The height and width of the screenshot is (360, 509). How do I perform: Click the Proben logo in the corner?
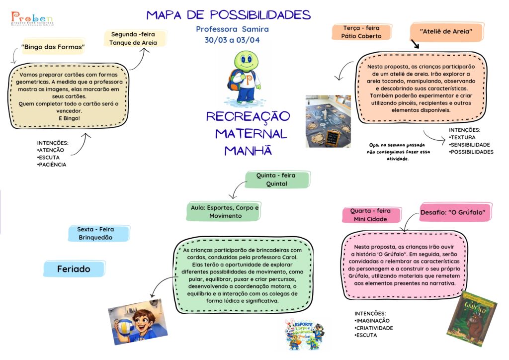click(x=32, y=19)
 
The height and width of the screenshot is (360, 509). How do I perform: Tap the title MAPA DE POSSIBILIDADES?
click(x=229, y=14)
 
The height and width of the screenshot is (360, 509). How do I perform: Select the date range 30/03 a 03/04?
click(x=232, y=40)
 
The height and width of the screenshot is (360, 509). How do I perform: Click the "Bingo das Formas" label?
click(x=54, y=48)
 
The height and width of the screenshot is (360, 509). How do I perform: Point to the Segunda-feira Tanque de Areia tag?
click(x=133, y=38)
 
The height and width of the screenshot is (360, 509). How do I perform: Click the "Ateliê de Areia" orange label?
click(x=445, y=31)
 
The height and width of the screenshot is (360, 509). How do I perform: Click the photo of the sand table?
click(x=328, y=121)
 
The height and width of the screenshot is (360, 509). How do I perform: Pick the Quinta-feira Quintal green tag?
click(x=278, y=180)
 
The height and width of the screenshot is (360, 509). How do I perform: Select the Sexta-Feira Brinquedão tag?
click(x=95, y=233)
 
